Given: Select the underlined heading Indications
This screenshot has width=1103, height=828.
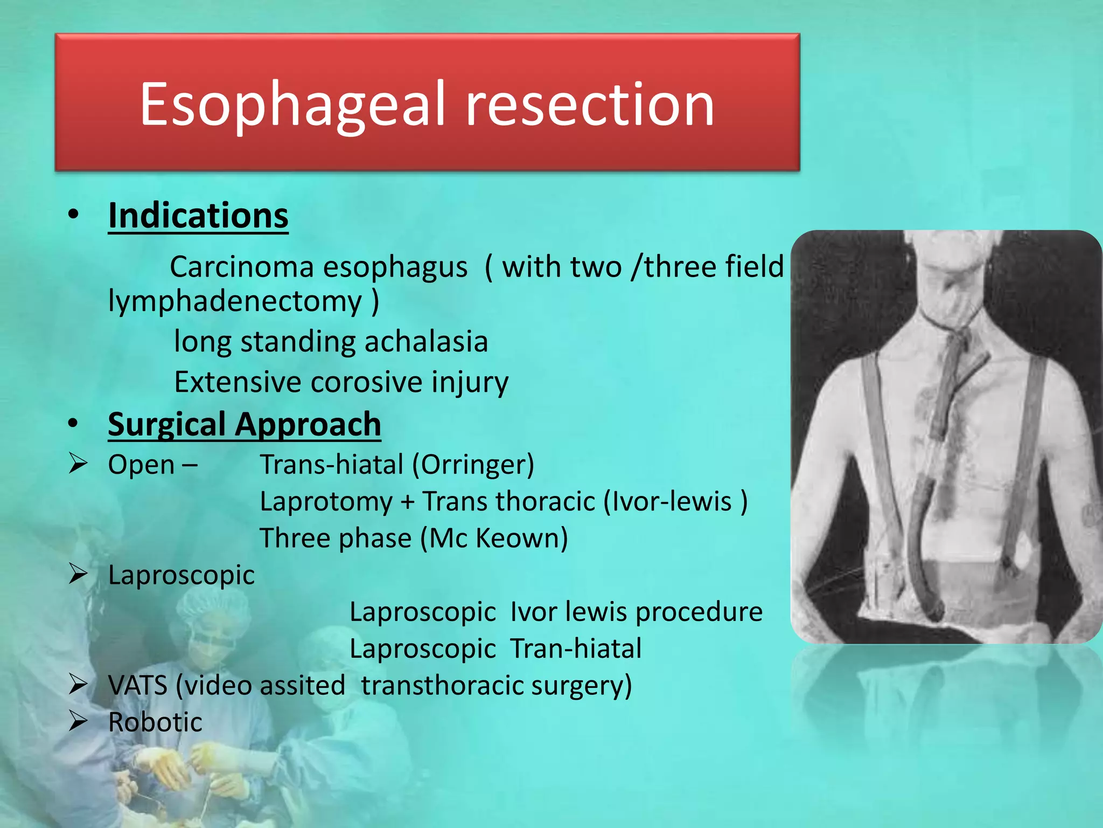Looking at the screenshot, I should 198,216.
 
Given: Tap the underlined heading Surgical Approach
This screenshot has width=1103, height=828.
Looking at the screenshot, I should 245,425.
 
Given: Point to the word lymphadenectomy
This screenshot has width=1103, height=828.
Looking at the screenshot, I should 235,301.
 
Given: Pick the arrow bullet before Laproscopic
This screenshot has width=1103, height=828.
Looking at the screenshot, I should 78,574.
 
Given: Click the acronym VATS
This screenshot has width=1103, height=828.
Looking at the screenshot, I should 138,686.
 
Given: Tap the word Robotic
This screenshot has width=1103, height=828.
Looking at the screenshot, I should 155,722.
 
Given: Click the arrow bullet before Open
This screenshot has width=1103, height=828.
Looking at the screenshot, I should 78,464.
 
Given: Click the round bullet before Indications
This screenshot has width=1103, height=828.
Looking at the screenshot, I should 74,215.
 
